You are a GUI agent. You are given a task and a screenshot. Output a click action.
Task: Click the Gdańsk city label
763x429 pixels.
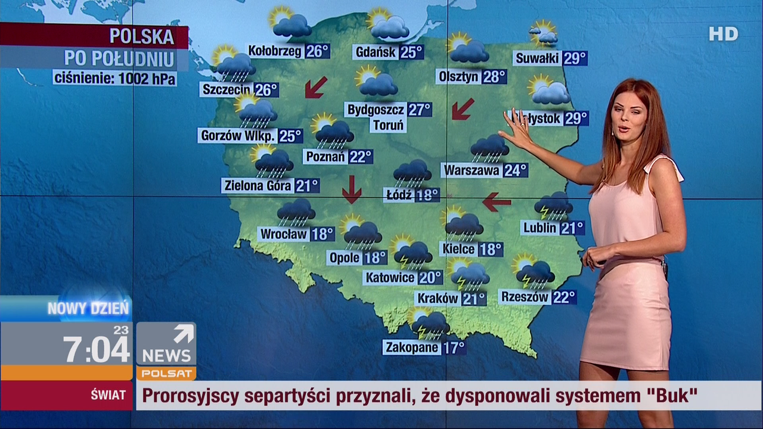(376, 52)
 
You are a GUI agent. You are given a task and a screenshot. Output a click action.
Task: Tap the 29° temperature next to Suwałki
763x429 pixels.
(575, 58)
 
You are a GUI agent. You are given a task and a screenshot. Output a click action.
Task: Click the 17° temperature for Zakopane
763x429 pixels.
(454, 347)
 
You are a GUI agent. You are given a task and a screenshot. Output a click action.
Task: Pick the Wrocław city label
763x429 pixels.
(284, 234)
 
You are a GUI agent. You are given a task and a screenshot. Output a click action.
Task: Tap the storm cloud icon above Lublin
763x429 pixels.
(553, 206)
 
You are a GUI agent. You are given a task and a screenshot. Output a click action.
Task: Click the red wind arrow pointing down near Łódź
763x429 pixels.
(352, 189)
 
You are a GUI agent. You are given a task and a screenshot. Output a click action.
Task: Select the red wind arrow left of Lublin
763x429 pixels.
(497, 202)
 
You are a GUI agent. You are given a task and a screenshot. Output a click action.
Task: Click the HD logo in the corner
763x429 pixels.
(723, 34)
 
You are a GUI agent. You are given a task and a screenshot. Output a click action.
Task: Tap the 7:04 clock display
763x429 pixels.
(97, 349)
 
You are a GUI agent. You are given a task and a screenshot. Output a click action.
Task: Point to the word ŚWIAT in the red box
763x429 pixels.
(108, 395)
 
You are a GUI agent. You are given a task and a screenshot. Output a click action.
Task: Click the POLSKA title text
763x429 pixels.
(141, 37)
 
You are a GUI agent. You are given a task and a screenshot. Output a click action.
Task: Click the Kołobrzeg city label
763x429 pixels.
(275, 51)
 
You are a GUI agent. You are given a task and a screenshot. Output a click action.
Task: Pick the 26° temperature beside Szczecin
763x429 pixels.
(266, 90)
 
